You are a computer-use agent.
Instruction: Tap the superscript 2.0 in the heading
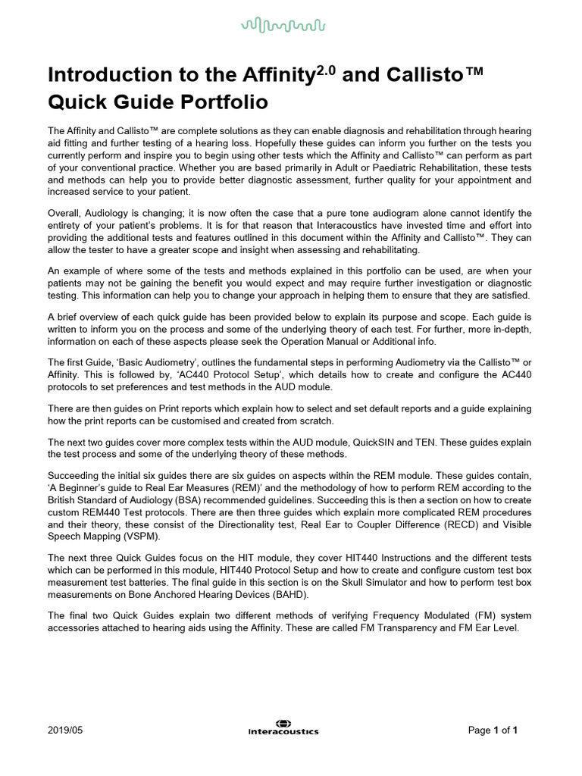(x=327, y=68)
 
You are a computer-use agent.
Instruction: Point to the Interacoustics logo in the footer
(x=283, y=727)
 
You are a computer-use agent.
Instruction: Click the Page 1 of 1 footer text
(x=493, y=731)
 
